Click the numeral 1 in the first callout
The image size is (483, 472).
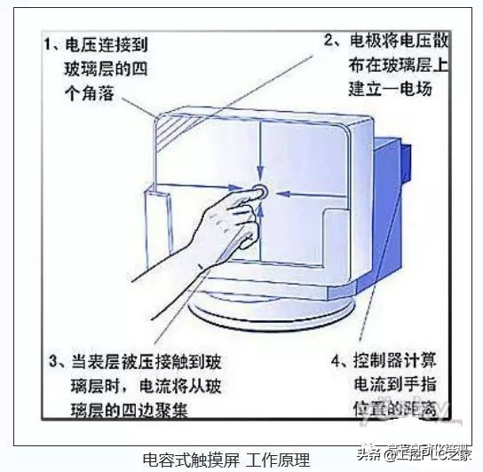[51, 41]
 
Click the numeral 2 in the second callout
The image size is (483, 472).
[329, 41]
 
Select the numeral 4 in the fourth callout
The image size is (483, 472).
[337, 362]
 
